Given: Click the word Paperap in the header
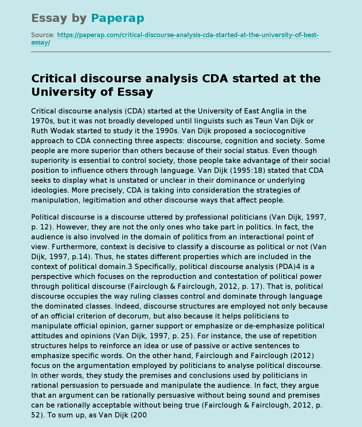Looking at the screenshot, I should tap(117, 18).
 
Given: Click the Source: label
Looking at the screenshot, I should tap(43, 35).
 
